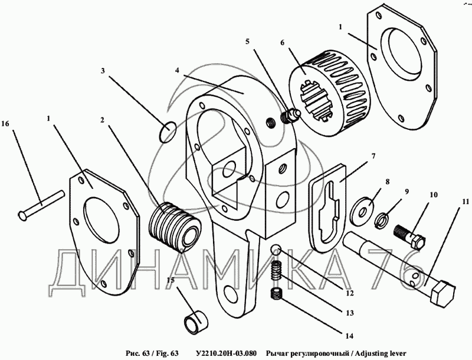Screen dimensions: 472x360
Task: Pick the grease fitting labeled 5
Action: point(290,117)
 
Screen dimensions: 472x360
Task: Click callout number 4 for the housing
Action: point(177,69)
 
